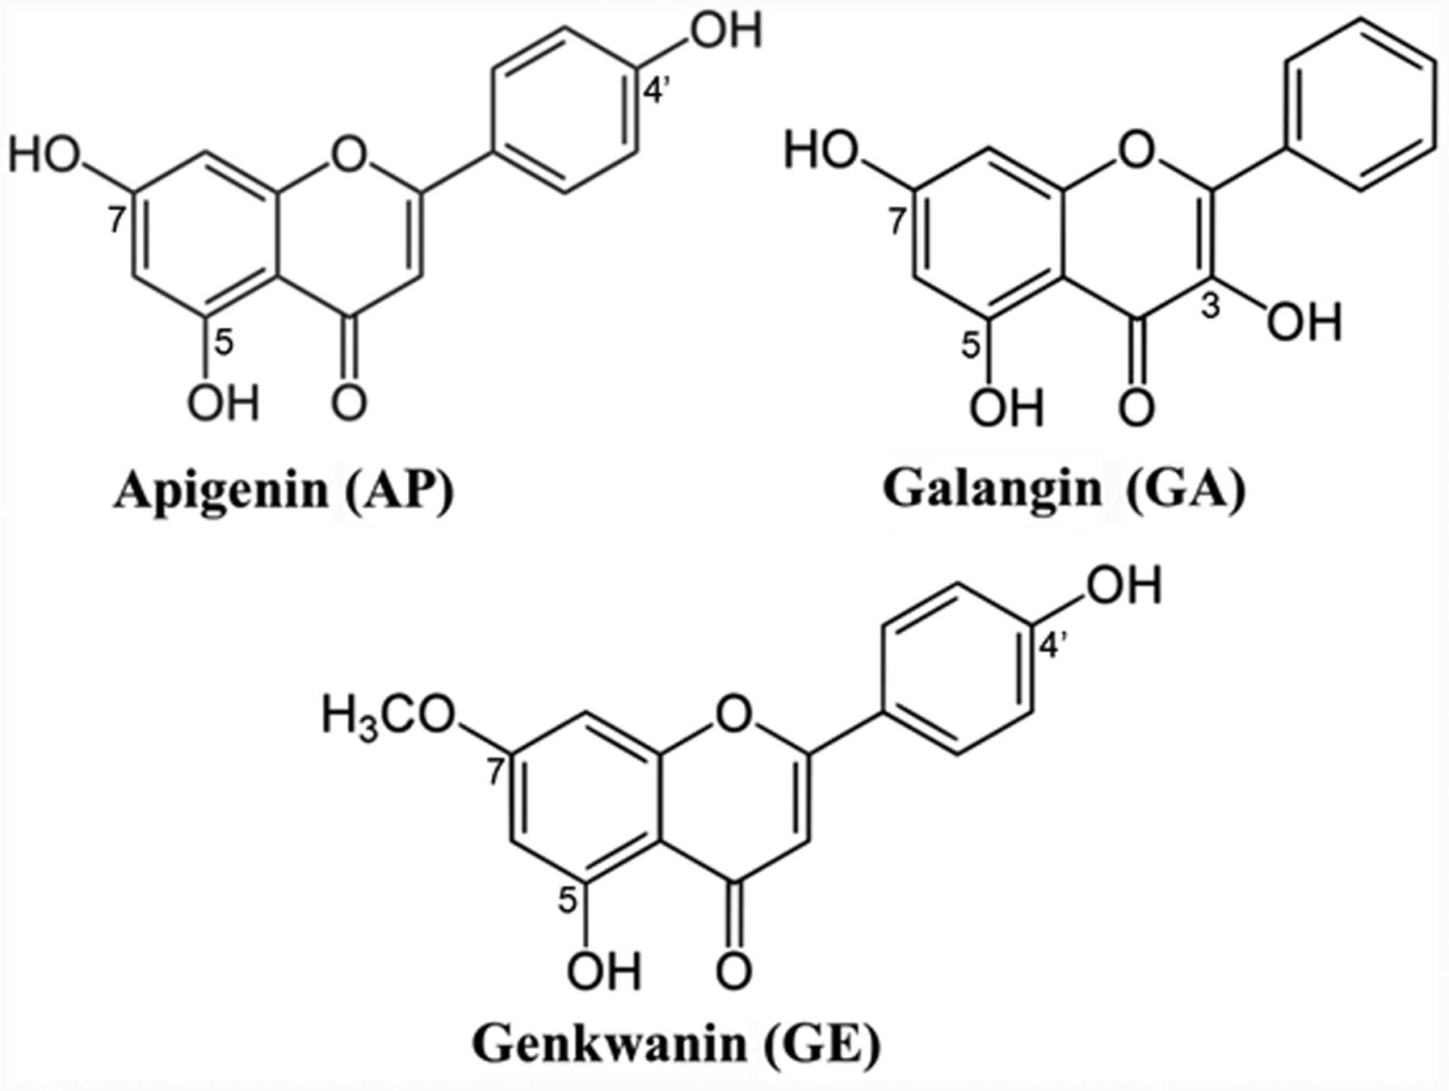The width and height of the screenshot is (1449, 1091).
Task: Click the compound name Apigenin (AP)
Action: coord(283,490)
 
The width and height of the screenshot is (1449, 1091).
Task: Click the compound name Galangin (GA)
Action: coord(1064,490)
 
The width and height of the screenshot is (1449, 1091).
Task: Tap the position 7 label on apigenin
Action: coord(117,220)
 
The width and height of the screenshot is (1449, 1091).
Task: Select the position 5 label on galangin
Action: coord(972,346)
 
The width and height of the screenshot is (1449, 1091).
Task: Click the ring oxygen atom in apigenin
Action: coord(349,154)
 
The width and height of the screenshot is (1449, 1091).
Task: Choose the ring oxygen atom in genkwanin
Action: coord(733,714)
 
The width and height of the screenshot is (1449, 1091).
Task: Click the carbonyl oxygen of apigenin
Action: coord(349,402)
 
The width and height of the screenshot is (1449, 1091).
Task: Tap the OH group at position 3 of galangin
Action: coord(1303,322)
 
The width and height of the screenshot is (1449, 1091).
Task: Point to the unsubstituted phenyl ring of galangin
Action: coord(1360,105)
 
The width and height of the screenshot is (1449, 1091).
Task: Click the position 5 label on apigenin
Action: coord(225,343)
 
